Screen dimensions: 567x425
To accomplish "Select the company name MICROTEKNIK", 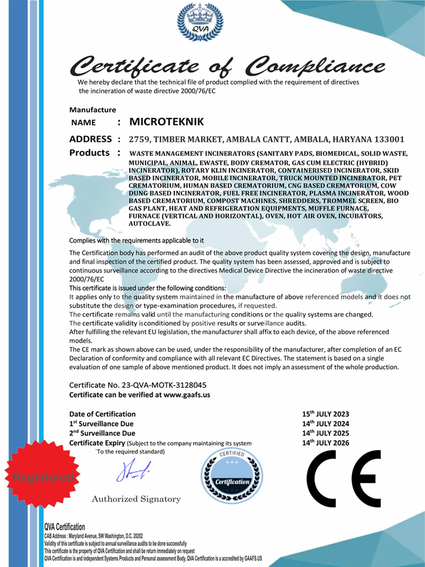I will tap(167, 122).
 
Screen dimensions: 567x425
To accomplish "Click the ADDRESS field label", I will tap(90, 139).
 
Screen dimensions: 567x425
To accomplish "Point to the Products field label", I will tap(89, 153).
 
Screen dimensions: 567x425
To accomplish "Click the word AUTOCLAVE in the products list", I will tap(147, 223).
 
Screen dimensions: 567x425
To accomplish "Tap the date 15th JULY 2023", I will tap(326, 414).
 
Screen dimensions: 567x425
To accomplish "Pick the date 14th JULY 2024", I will tap(326, 424).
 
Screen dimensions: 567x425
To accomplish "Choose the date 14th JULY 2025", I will tap(326, 433).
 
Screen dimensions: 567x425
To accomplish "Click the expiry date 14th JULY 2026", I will tap(326, 443).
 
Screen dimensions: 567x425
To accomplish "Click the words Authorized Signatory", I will tap(136, 499).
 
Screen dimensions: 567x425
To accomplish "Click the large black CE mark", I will tap(344, 478).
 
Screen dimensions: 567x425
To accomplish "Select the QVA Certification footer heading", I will tap(65, 527).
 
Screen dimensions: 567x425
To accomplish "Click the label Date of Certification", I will tap(102, 414).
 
